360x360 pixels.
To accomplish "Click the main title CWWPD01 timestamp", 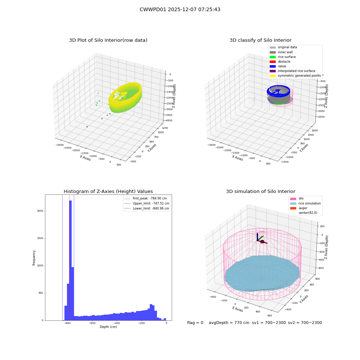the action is click(x=180, y=9).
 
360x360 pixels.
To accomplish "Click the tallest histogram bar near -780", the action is click(x=70, y=260).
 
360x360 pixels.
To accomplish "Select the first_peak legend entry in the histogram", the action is click(x=145, y=198).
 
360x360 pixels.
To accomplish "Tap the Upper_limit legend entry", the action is click(x=147, y=203).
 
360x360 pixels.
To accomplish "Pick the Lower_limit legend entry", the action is click(x=147, y=208).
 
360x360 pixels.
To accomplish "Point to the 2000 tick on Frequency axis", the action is click(x=40, y=211).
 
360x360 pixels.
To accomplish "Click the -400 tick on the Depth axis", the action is click(x=117, y=323).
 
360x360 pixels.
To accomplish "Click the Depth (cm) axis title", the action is click(x=108, y=327).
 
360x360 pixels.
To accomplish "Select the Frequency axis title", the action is click(x=34, y=258).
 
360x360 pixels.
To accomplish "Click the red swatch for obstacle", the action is click(x=273, y=62).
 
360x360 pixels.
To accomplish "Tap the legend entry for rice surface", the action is click(x=283, y=57).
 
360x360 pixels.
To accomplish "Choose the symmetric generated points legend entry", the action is click(x=295, y=76).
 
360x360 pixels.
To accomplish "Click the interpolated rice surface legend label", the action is click(x=296, y=71).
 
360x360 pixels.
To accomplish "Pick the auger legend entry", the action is click(x=299, y=208).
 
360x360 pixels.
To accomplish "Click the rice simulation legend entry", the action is click(x=305, y=203).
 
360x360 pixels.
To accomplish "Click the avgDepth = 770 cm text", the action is click(x=229, y=323).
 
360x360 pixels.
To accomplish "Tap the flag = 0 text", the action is click(x=195, y=323).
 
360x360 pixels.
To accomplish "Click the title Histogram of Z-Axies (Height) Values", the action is click(x=108, y=192).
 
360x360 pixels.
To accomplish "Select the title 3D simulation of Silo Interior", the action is click(x=261, y=192).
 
